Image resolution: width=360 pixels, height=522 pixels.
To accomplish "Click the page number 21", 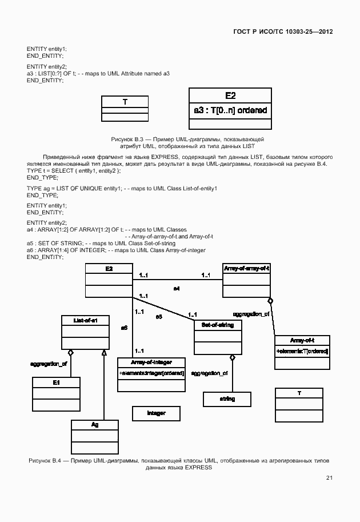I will tap(329, 478).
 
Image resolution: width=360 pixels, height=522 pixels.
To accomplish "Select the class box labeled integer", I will tap(156, 413).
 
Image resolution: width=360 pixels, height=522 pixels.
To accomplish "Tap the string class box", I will tap(227, 399).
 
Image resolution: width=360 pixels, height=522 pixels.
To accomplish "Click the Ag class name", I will tap(95, 425).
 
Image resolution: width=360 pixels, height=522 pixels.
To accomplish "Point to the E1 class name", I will tap(56, 382).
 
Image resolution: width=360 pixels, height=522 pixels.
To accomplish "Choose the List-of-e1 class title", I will tap(85, 321).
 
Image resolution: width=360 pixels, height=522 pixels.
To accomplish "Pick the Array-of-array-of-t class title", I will tap(246, 268).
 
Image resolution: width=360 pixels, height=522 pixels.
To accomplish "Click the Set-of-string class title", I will tap(218, 325).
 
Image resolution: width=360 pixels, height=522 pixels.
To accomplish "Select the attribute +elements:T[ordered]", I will tap(302, 350).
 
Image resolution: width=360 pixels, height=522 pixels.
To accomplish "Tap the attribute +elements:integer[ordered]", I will tap(151, 373).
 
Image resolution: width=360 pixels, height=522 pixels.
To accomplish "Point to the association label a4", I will tap(177, 289).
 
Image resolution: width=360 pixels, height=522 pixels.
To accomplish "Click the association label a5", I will tap(159, 316).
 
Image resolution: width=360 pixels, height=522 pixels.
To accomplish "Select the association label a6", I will tap(124, 328).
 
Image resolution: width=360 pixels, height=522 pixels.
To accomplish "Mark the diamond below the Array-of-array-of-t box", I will tap(270, 301).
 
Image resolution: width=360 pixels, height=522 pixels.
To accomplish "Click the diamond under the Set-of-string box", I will tap(232, 358).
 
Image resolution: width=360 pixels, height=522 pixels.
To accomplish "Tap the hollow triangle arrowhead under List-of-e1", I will tap(104, 352).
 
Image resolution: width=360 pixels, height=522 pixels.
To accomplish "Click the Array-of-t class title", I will tap(302, 340).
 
